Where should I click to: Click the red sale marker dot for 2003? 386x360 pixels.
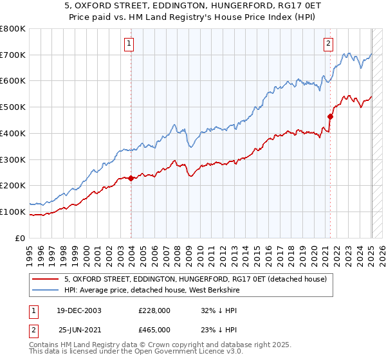131,178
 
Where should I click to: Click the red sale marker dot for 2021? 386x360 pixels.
330,116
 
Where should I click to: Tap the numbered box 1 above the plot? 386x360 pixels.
130,44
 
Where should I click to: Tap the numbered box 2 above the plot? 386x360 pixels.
328,44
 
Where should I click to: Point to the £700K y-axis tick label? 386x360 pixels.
14,55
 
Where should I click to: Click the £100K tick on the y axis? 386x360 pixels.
14,212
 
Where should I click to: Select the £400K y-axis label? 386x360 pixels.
14,133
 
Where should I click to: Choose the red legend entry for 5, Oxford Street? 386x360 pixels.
196,279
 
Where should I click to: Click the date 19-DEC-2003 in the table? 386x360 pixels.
78,310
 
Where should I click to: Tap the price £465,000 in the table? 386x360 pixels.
154,329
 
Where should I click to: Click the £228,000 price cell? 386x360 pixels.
154,310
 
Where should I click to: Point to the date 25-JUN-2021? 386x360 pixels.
78,329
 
